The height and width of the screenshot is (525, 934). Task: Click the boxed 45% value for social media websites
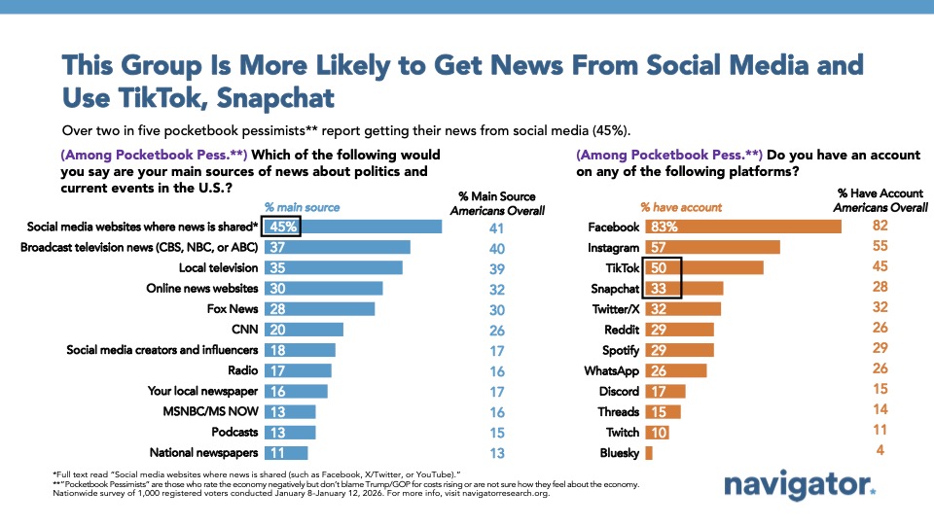(282, 227)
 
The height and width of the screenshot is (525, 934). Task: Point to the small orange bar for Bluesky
(649, 452)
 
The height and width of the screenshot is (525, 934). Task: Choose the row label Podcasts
(233, 432)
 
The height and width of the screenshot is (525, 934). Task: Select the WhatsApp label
(611, 370)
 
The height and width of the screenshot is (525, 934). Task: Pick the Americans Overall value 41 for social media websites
(497, 227)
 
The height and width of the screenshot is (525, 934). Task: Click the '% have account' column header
(680, 206)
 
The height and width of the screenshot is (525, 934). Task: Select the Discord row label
(619, 391)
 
